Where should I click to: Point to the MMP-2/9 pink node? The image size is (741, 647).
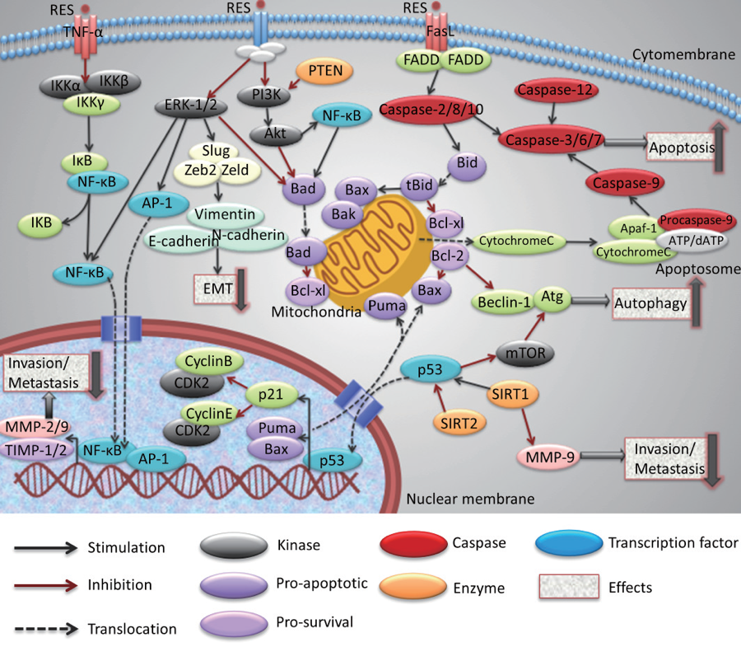(41, 427)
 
